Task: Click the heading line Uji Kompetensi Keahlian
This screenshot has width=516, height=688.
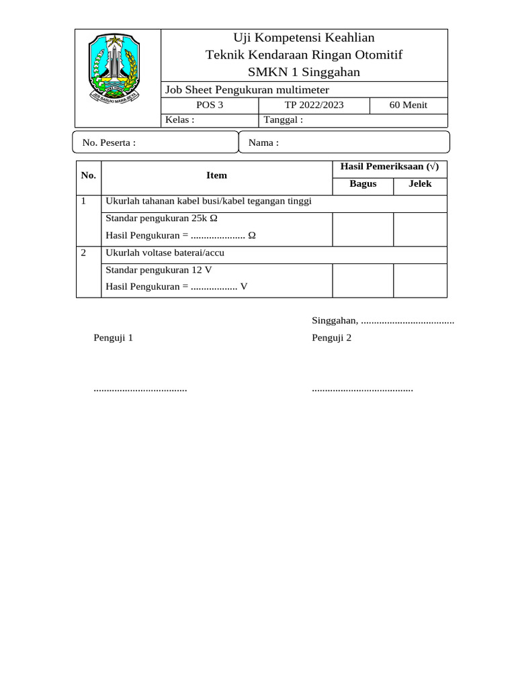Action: coord(304,38)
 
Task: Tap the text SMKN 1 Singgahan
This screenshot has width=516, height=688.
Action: coord(304,72)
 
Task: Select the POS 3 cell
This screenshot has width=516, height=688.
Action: coord(210,105)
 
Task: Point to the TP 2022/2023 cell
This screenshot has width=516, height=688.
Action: coord(314,105)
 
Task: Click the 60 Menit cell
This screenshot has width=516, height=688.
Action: coord(408,105)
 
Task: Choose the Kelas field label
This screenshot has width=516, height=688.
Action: coord(180,120)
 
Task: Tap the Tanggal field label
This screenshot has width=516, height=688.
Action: coord(284,120)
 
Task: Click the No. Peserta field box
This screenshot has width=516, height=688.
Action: coord(155,142)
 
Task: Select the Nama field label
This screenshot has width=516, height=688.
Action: coord(263,142)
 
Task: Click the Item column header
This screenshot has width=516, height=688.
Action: coord(216,175)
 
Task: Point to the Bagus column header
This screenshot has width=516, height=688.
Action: coord(363,184)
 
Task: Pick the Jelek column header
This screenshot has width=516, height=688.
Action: coord(420,184)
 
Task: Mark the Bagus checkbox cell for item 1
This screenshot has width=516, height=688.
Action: coord(363,229)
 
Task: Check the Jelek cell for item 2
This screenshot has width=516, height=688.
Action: coord(420,279)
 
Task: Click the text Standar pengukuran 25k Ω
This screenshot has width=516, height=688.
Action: coord(161,219)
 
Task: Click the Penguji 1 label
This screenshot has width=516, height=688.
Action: coord(114,338)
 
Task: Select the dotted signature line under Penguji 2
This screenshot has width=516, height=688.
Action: coord(362,389)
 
